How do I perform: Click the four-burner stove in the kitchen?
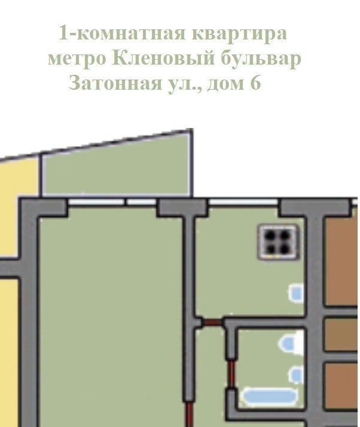click(278, 242)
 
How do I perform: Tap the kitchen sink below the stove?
click(296, 293)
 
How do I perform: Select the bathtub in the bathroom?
click(269, 396)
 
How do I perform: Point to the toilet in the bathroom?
click(291, 343)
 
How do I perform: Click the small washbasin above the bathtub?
click(296, 375)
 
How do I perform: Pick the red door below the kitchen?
click(212, 322)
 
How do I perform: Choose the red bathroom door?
click(231, 374)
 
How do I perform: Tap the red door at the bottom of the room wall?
click(189, 414)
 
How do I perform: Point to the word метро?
click(77, 58)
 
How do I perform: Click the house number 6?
click(255, 83)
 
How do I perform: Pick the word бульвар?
click(261, 59)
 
